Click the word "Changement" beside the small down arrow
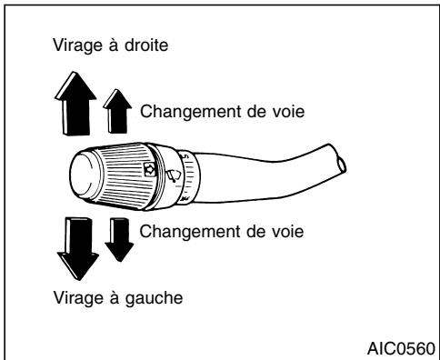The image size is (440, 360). tap(178, 231)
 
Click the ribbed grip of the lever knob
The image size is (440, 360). tap(136, 173)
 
